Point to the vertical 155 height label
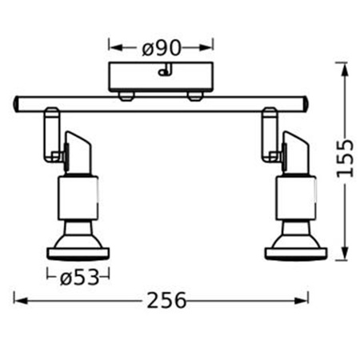pyautogui.click(x=344, y=164)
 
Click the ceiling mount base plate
pyautogui.click(x=162, y=78)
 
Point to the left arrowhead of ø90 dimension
pyautogui.click(x=112, y=47)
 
